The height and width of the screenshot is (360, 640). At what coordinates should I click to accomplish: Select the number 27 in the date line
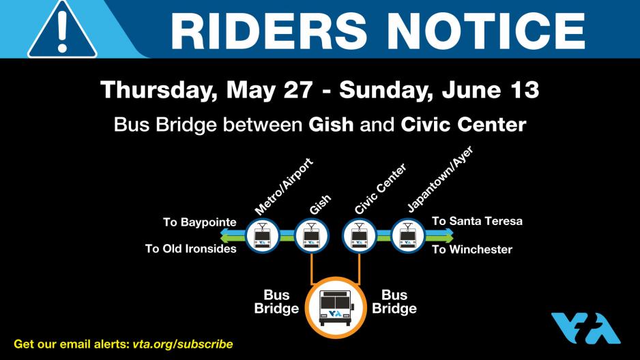coord(299,90)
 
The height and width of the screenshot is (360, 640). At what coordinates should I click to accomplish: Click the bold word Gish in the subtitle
coord(331,124)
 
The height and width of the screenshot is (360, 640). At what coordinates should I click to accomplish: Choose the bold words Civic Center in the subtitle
coord(463,124)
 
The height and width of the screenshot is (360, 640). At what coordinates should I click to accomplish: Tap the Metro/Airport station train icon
coord(262,236)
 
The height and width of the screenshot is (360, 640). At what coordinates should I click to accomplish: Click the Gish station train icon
coord(311,236)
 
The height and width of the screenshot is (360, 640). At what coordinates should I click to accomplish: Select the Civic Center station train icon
coord(359,236)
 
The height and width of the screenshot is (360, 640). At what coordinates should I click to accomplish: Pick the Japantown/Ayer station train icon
coord(408,236)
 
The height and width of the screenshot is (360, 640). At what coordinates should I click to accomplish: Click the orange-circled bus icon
coord(336,307)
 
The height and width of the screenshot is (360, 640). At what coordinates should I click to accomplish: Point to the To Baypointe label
coord(200,222)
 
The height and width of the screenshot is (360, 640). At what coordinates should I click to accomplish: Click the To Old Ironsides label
coord(190,249)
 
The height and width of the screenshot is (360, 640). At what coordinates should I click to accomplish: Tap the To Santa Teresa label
coord(477,221)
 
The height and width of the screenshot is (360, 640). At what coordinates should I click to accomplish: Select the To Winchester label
coord(472,250)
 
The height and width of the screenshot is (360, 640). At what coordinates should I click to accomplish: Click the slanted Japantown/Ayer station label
coord(440,179)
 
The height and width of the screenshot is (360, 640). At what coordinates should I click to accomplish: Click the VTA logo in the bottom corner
coord(585,328)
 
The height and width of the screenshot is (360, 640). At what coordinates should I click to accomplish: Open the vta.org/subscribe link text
coord(183,344)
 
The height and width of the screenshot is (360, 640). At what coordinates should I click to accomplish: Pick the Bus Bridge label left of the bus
coord(276,301)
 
